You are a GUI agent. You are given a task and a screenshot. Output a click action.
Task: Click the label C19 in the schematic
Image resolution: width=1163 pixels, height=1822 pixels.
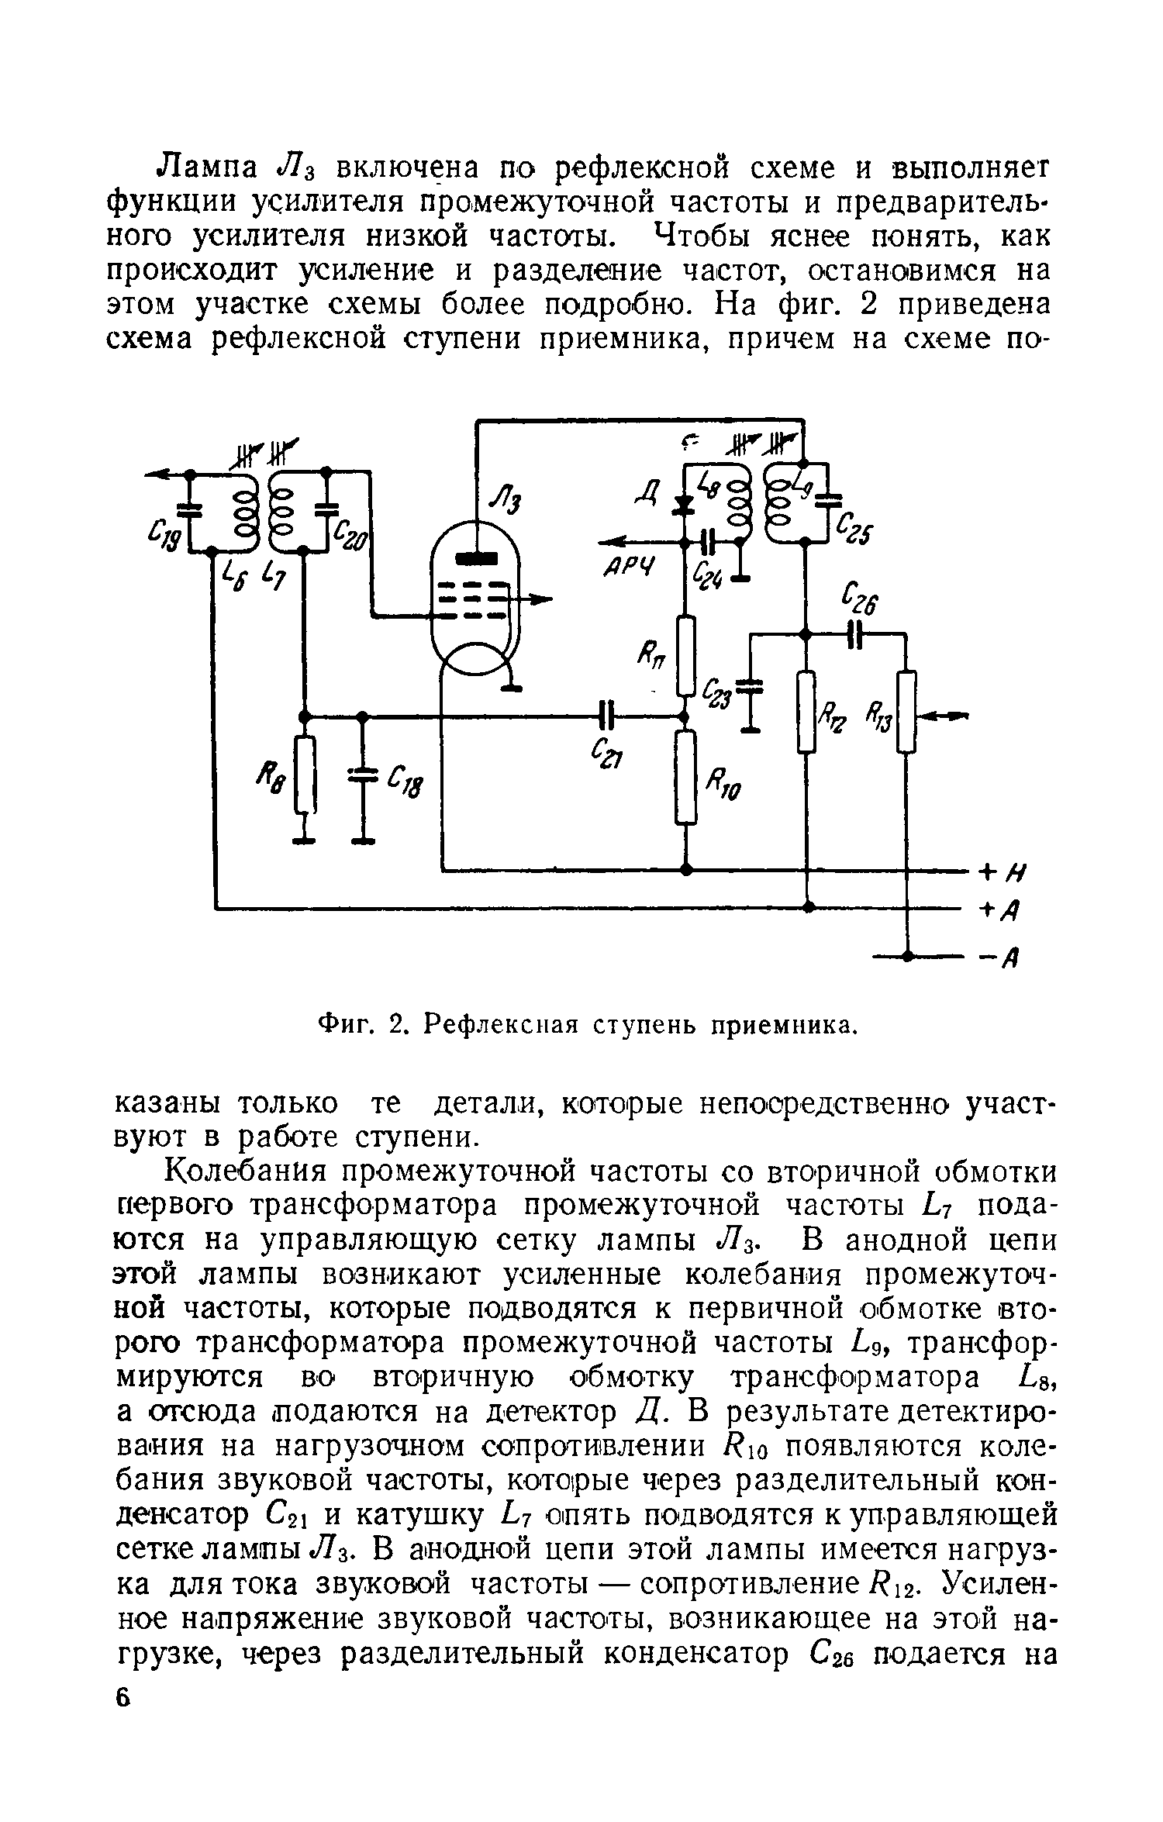(165, 534)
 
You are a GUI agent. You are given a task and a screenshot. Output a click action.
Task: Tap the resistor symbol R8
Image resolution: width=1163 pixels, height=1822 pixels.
(306, 775)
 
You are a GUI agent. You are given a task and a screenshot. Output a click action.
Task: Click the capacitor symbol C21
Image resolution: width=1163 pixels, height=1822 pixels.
(608, 714)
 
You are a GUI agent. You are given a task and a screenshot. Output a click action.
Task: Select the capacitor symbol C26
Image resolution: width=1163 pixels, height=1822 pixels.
(855, 633)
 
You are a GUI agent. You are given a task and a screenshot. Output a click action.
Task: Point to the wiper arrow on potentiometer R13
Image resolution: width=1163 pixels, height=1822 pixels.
(942, 716)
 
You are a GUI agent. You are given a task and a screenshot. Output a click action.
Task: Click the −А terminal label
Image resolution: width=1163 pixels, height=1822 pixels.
(1001, 959)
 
